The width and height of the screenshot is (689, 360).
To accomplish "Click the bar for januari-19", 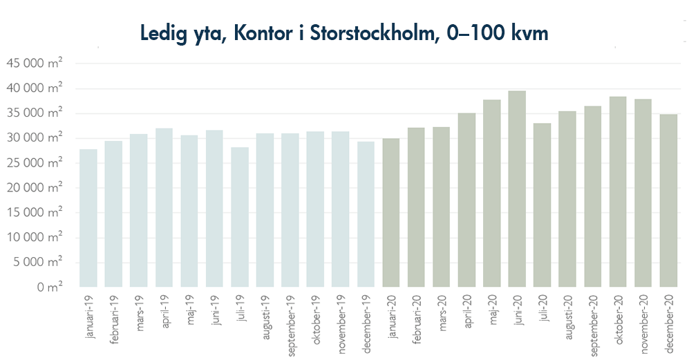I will (x=88, y=218).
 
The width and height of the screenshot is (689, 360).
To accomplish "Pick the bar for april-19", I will (x=164, y=207).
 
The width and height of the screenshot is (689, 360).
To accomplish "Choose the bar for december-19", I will (x=366, y=214).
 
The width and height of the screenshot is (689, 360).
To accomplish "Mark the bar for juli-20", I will (x=542, y=205).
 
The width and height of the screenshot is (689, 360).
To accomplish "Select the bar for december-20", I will (x=668, y=200).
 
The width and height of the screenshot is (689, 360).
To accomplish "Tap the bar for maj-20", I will (x=491, y=193).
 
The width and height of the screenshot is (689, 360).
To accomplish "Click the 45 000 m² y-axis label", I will (x=35, y=64).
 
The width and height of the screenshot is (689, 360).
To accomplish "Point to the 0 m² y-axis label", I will (x=49, y=287).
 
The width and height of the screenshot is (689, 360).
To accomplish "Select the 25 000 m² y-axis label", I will (x=35, y=163).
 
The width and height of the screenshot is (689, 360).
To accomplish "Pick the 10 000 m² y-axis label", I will (x=35, y=237).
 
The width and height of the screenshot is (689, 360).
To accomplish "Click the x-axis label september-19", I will (x=290, y=325).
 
